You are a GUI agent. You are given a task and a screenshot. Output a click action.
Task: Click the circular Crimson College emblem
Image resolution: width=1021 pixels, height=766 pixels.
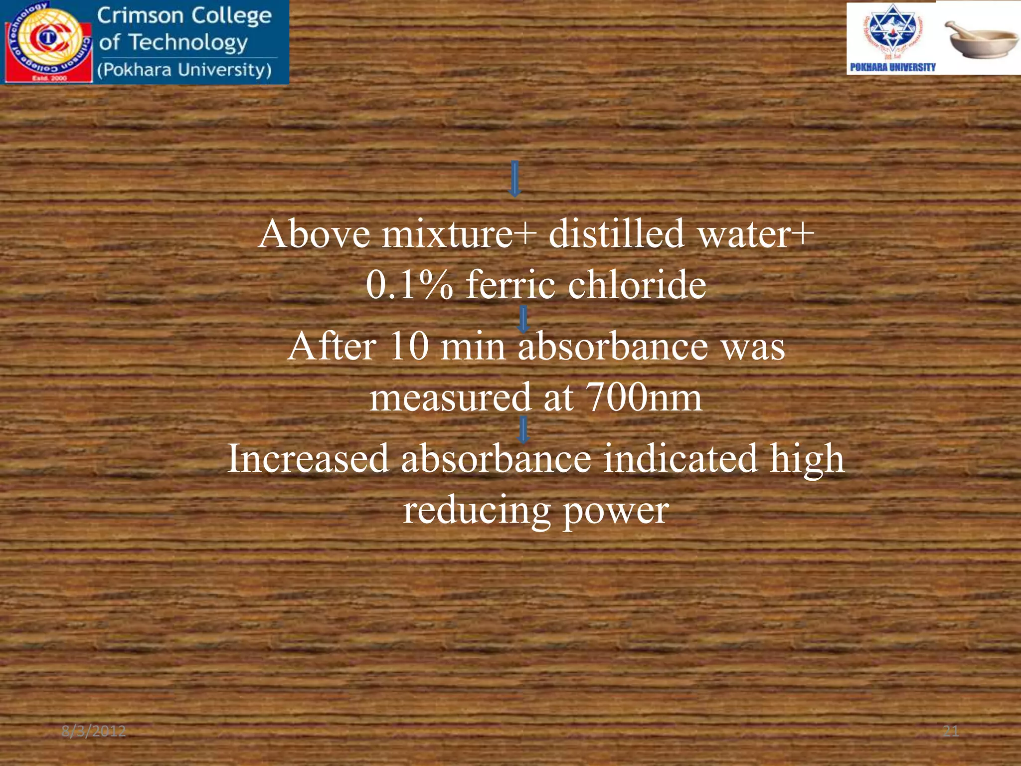pos(47,41)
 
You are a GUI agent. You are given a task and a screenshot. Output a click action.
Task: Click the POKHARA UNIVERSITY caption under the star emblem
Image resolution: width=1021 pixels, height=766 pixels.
pos(892,67)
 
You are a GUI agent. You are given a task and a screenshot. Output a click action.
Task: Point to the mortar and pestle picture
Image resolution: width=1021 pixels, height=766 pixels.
pos(982,40)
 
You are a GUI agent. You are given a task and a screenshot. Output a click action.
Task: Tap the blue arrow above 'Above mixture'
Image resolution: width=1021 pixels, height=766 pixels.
pos(514,178)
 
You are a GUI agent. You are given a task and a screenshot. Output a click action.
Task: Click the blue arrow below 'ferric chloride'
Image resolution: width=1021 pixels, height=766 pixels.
pos(523,319)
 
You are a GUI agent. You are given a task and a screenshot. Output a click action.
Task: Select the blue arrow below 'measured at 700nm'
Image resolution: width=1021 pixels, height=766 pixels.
pos(523,430)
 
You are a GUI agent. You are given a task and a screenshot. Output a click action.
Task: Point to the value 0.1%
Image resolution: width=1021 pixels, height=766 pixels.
pos(409,285)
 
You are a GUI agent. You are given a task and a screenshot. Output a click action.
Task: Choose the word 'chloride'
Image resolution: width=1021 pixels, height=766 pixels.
pos(637,285)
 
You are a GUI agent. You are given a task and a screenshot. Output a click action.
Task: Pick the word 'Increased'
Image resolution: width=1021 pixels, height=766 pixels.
pos(308,458)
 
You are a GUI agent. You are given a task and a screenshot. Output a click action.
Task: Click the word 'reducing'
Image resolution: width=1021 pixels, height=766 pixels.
pos(477,511)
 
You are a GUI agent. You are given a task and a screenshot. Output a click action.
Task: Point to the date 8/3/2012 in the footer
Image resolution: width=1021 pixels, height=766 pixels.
pos(94,732)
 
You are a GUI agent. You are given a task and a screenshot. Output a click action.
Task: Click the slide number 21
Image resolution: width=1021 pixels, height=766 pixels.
pos(951,732)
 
